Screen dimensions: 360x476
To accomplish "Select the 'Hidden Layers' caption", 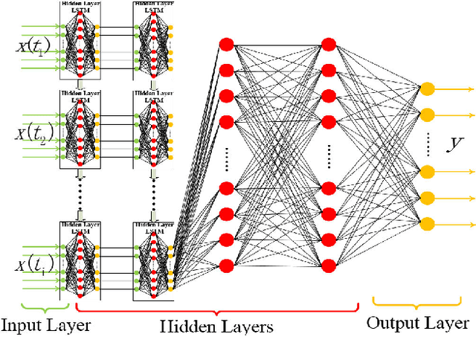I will click(x=218, y=327).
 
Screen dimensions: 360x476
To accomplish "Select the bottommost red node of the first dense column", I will click(x=228, y=264).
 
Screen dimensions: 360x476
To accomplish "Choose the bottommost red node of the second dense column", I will click(x=327, y=264).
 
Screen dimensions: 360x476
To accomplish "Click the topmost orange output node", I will click(x=427, y=89).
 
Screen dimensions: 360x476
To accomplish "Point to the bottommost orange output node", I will click(x=427, y=222).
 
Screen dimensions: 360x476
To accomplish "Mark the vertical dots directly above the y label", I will click(x=427, y=143).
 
